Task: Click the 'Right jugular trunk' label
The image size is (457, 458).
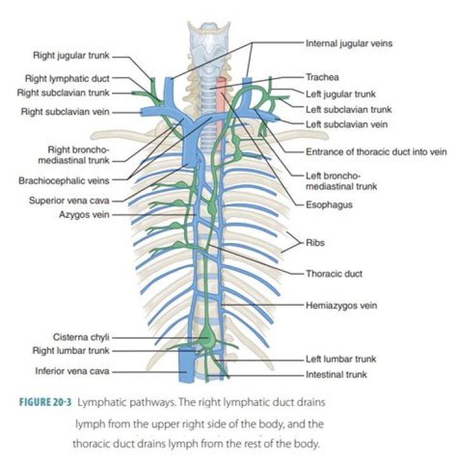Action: click(72, 56)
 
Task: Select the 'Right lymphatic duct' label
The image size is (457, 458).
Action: click(67, 79)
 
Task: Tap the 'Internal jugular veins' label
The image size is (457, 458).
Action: click(349, 44)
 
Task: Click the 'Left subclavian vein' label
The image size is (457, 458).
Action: click(347, 124)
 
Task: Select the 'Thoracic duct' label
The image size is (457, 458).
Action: click(334, 274)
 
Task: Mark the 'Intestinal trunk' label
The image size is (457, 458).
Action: click(336, 374)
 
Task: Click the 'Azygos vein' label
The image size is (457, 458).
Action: click(84, 215)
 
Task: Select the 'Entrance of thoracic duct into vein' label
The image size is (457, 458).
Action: click(376, 152)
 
